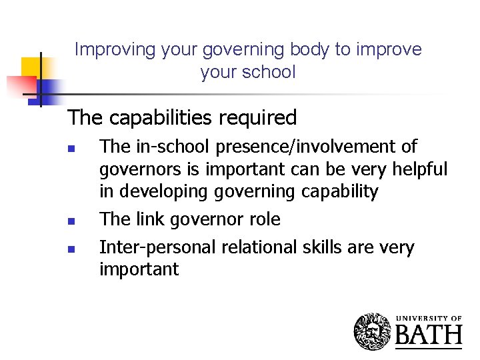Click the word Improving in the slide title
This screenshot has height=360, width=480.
click(106, 50)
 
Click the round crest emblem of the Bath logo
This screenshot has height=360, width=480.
click(373, 331)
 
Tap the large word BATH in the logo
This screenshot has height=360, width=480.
click(429, 335)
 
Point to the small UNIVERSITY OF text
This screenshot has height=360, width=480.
click(429, 318)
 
